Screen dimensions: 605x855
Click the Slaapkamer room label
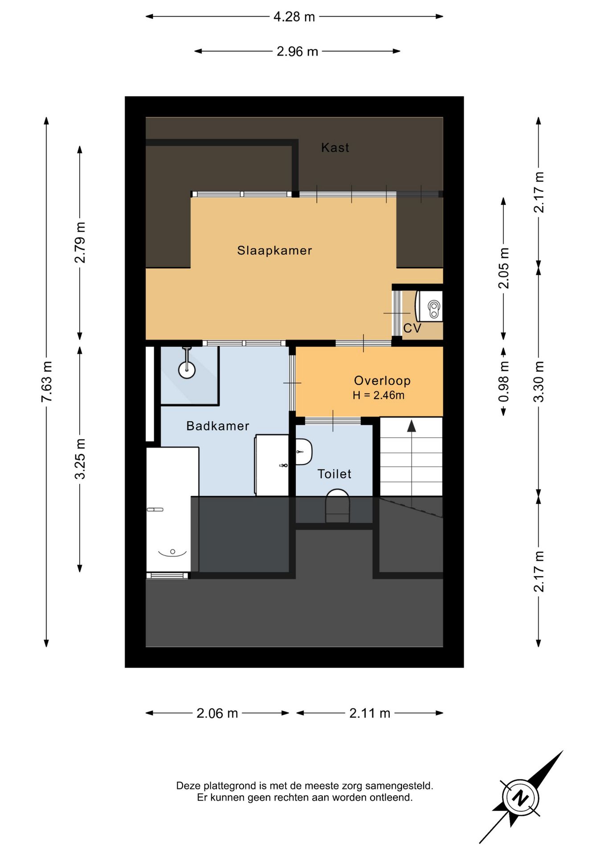[274, 250]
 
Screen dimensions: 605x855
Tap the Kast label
[335, 147]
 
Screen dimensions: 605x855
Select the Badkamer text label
[217, 426]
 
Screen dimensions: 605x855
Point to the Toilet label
[334, 474]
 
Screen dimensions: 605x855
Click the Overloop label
[382, 380]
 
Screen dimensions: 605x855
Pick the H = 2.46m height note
[379, 395]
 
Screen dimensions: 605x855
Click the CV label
[412, 328]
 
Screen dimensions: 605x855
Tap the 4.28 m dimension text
[294, 17]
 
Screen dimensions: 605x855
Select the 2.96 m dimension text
[297, 52]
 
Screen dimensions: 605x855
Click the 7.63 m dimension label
[47, 382]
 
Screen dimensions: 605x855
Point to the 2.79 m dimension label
[80, 243]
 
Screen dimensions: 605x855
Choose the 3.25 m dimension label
[80, 459]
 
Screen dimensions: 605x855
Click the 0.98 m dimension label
[504, 381]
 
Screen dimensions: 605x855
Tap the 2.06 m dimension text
[217, 713]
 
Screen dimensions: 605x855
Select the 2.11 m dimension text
[370, 713]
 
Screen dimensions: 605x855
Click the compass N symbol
[520, 797]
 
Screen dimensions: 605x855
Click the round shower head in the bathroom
[187, 370]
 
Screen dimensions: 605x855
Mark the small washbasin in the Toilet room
[304, 452]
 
